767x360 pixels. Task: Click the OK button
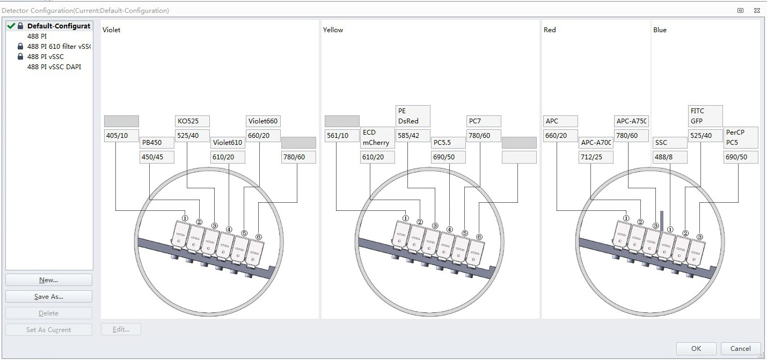click(x=696, y=348)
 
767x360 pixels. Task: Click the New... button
click(x=49, y=280)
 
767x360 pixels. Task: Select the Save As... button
click(x=49, y=297)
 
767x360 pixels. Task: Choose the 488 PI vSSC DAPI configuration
click(x=54, y=67)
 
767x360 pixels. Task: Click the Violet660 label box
click(x=263, y=121)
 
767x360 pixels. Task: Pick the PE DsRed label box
click(x=413, y=116)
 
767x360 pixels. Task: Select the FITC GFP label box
click(x=705, y=116)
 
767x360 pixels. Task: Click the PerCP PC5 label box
click(x=741, y=137)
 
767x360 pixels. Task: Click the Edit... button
click(x=121, y=329)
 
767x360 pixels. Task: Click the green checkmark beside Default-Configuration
click(x=11, y=26)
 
